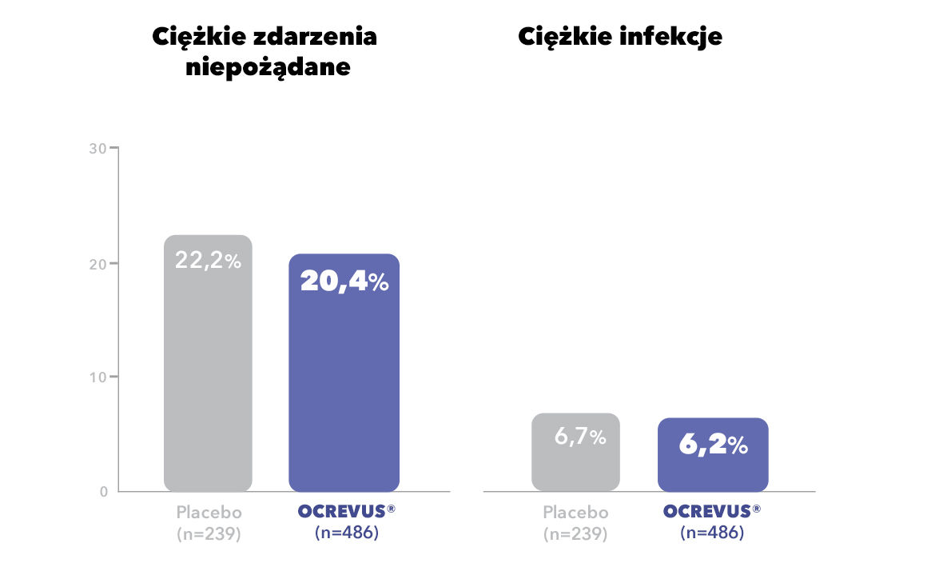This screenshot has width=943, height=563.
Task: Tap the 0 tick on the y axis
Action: point(103,491)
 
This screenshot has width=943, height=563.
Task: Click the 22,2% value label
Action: point(208,261)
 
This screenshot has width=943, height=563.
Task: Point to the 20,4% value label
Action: point(344,281)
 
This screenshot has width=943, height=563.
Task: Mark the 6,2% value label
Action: point(713,445)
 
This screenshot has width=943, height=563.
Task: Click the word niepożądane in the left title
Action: point(268,67)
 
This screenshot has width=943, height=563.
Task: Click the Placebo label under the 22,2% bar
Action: point(209,513)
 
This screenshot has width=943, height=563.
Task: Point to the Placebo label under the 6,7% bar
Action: point(575,513)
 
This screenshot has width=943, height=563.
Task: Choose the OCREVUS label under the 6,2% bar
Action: point(707,512)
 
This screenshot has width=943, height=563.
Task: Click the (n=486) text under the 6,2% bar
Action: point(712,532)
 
